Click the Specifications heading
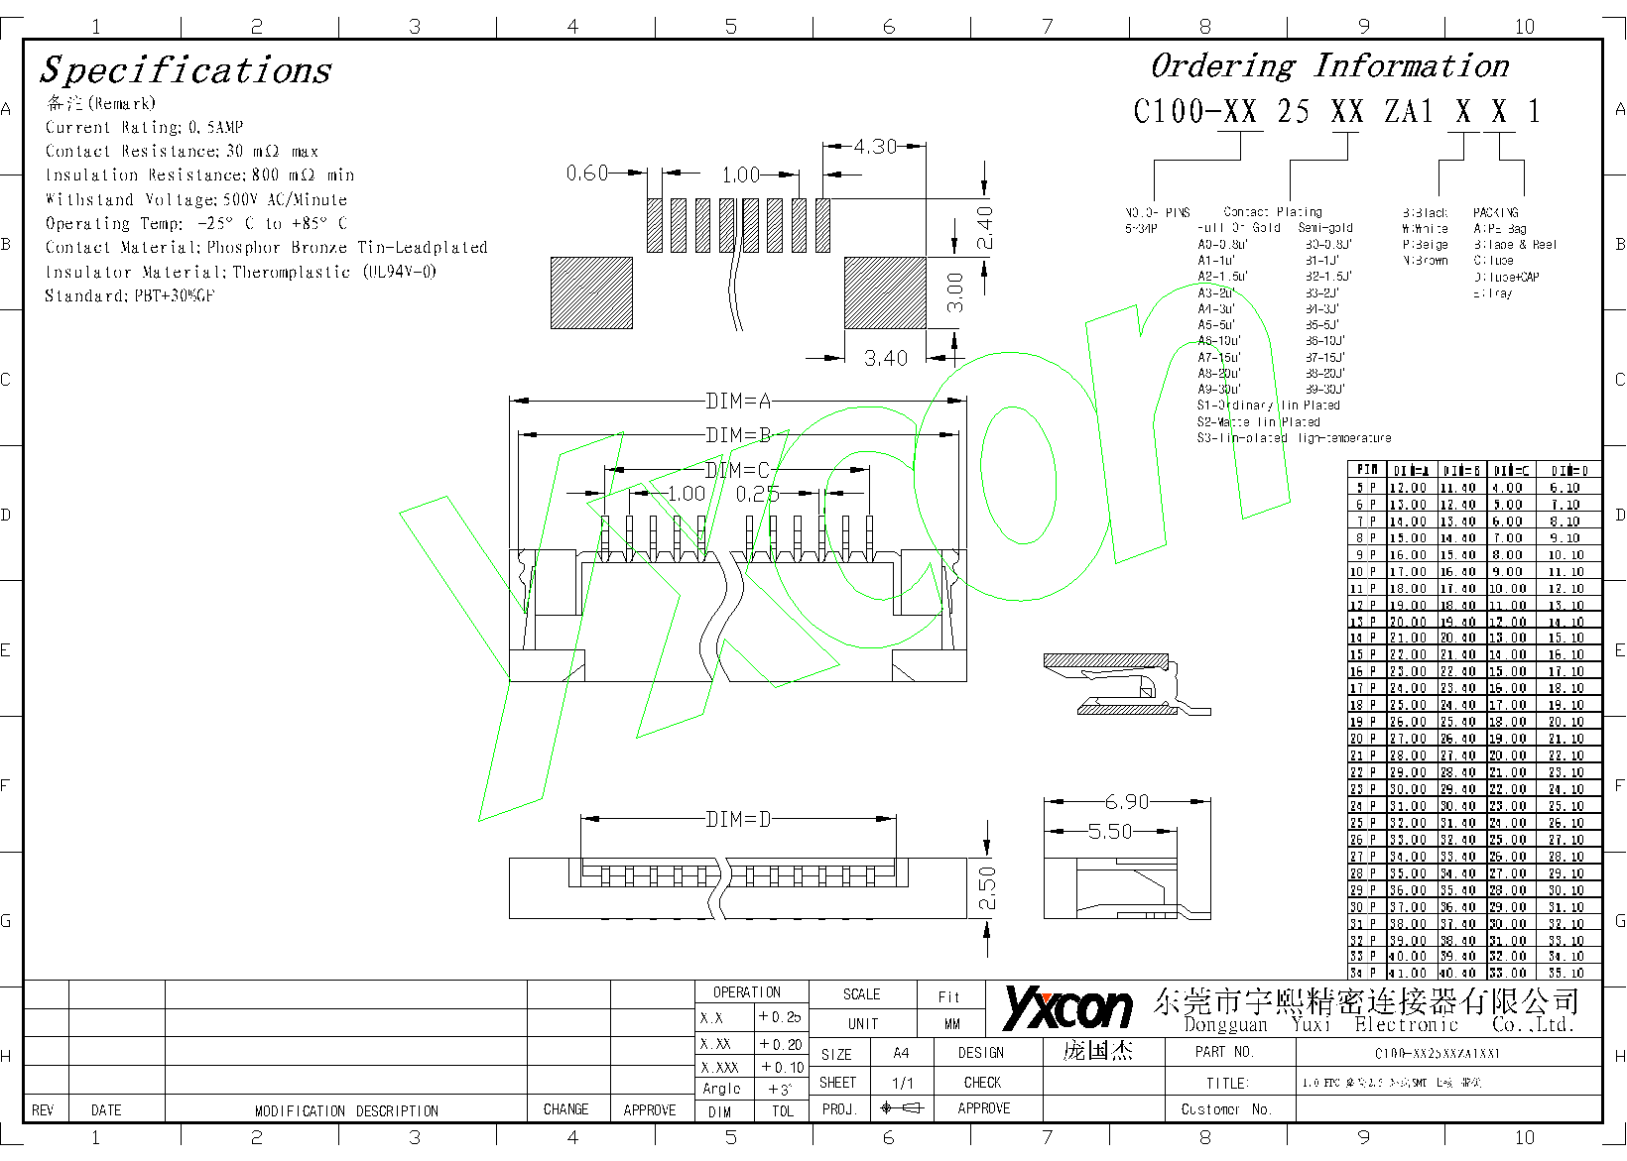186,70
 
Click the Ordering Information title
1328,66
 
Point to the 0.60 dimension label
587,174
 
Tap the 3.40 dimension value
885,358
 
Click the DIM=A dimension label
738,402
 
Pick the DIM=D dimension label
738,819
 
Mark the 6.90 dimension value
1126,801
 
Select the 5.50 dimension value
1110,832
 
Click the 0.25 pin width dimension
757,494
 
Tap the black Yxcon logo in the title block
1066,1008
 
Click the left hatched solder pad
591,292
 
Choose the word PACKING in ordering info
1495,212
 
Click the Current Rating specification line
144,127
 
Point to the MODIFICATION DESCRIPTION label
346,1110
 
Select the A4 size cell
901,1053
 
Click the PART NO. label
1223,1052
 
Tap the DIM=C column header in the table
1509,471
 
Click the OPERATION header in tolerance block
747,992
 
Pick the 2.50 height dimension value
987,888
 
